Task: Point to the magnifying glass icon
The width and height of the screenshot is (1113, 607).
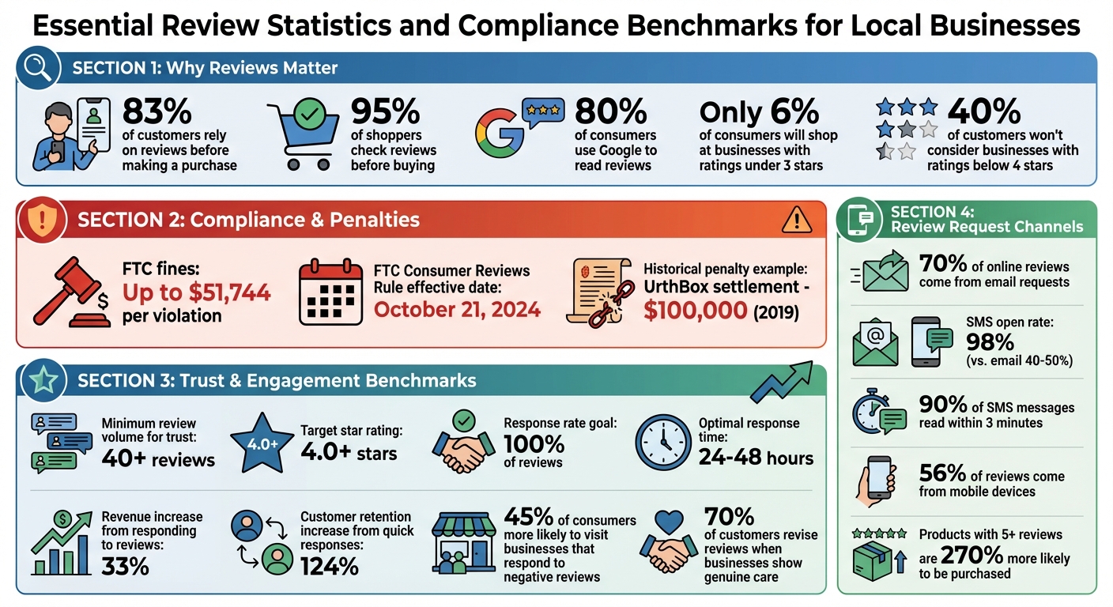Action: click(38, 68)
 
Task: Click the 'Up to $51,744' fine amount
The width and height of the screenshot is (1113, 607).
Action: click(196, 293)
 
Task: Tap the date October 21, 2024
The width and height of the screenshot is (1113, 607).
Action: click(457, 308)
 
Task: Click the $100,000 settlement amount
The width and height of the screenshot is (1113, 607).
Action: click(695, 311)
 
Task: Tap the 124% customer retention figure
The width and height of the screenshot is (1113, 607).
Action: click(330, 566)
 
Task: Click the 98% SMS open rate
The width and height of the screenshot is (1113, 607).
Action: click(990, 341)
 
